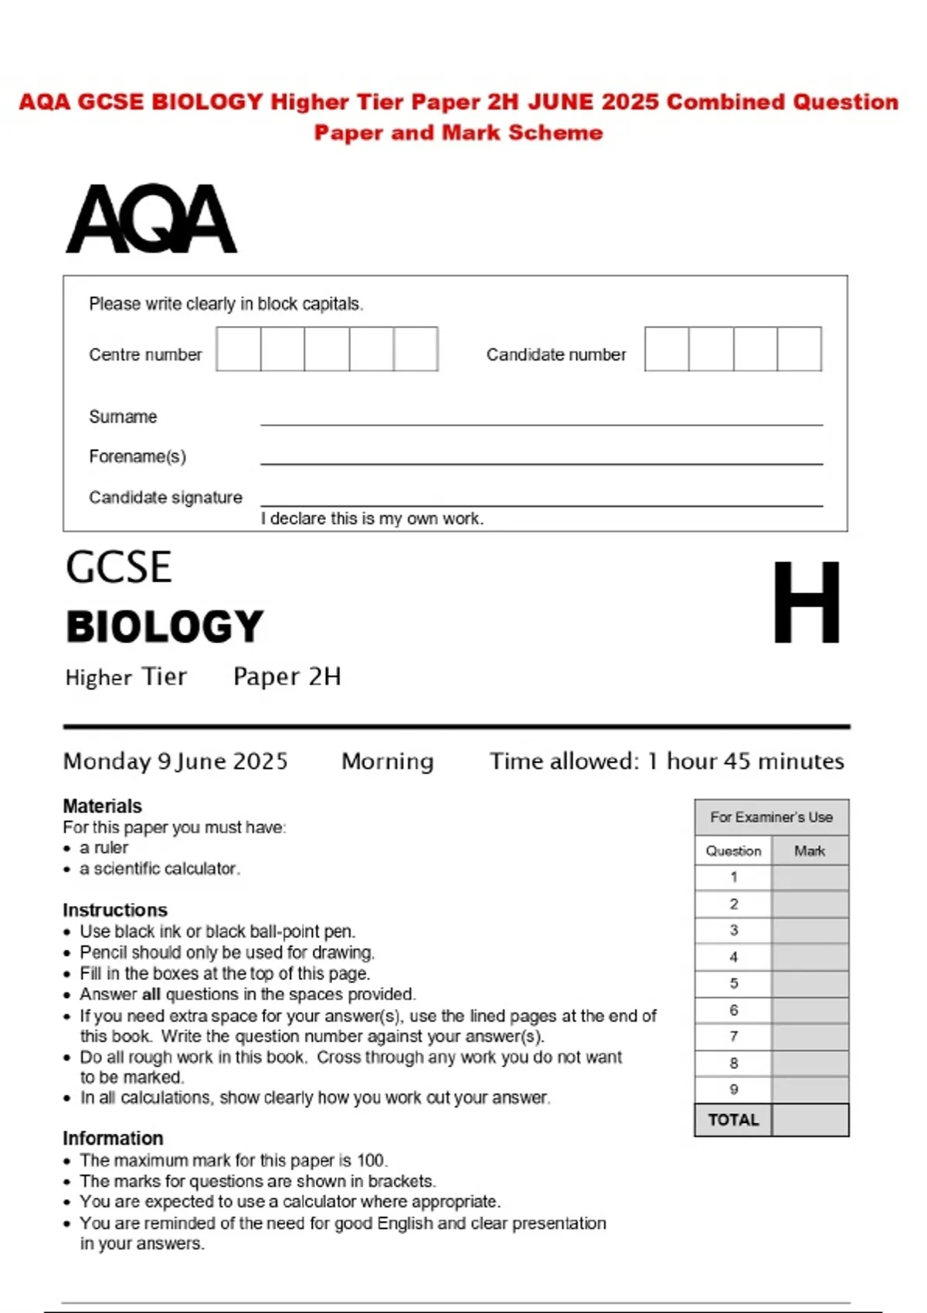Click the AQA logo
(151, 219)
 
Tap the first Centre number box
(239, 349)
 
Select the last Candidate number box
(799, 349)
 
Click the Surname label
(123, 417)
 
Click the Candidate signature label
(165, 497)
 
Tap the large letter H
(806, 602)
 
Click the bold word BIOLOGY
(165, 626)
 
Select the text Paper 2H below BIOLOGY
(287, 677)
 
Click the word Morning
(387, 762)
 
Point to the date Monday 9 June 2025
(175, 762)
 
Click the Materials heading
(102, 806)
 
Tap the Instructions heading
(114, 910)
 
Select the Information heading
(113, 1138)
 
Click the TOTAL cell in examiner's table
(733, 1120)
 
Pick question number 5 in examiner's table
(733, 983)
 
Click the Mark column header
(809, 851)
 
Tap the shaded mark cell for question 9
(809, 1090)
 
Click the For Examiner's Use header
(771, 817)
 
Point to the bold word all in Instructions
(151, 994)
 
